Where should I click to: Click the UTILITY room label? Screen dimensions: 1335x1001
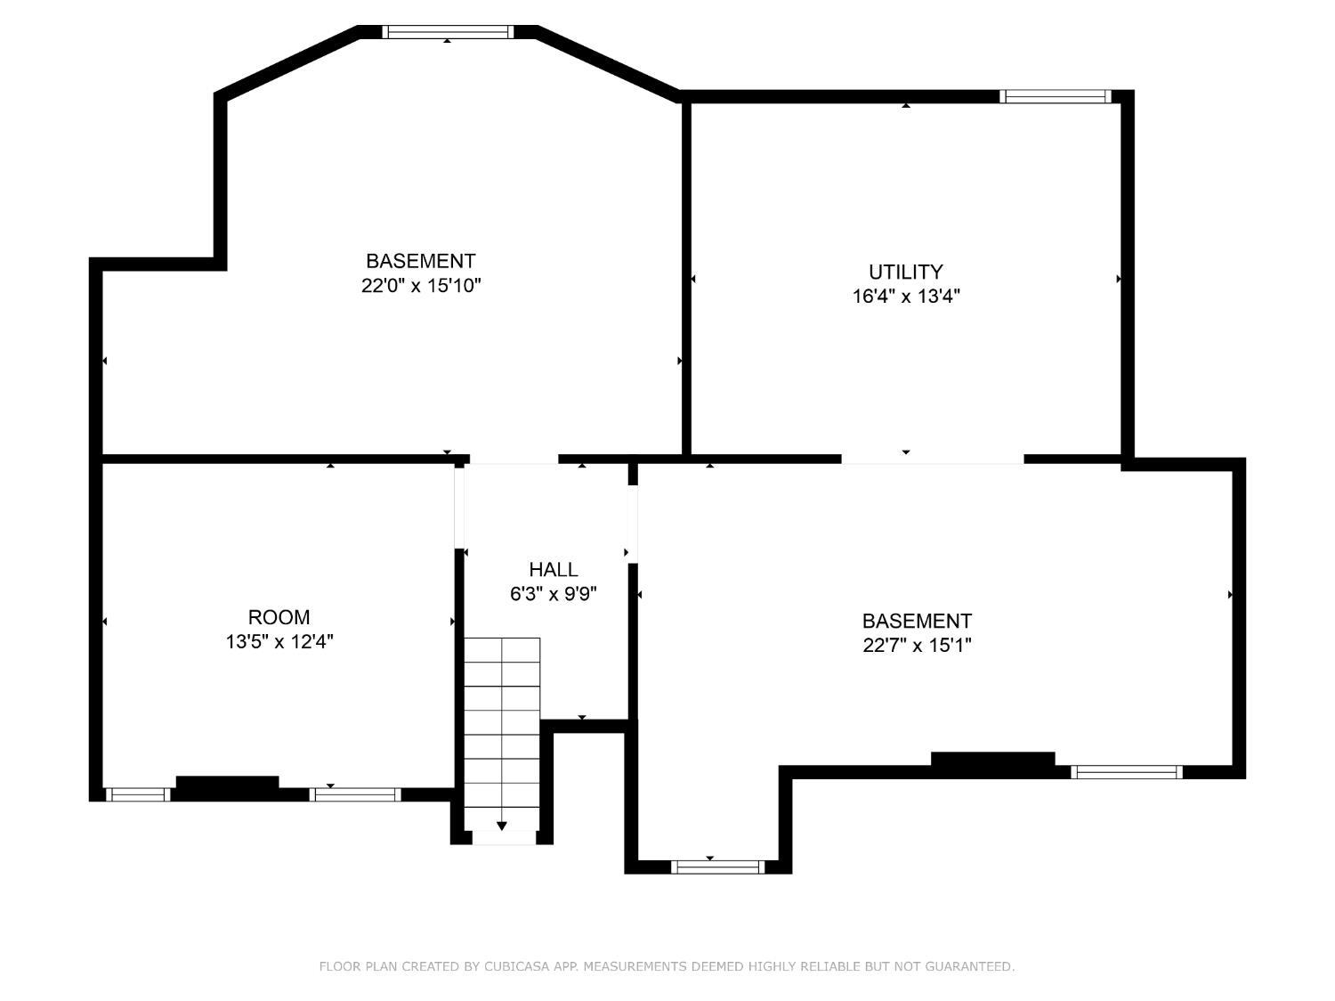click(x=906, y=272)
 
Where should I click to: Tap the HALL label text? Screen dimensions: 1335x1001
click(x=553, y=570)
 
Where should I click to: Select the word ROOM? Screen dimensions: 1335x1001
click(x=279, y=617)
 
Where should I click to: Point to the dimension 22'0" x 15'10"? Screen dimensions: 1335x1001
click(x=421, y=285)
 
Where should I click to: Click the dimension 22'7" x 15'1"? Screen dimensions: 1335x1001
click(x=917, y=645)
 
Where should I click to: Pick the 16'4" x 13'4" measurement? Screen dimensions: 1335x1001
click(x=906, y=297)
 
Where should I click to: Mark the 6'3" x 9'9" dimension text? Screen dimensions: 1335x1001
click(x=553, y=594)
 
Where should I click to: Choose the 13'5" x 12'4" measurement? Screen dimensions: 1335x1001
click(x=279, y=641)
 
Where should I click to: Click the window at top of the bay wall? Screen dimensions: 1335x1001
click(x=448, y=32)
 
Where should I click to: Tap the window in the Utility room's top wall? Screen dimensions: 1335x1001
click(x=1056, y=96)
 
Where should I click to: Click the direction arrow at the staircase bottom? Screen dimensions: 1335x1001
click(x=502, y=826)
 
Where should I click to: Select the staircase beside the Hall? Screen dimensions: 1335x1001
click(x=502, y=733)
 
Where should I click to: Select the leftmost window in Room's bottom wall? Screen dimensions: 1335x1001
click(x=138, y=794)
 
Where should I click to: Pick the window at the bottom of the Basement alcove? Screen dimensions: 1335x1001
click(x=717, y=867)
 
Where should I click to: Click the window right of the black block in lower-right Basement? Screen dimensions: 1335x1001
click(x=1127, y=772)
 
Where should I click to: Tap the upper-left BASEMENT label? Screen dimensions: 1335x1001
click(x=421, y=261)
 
